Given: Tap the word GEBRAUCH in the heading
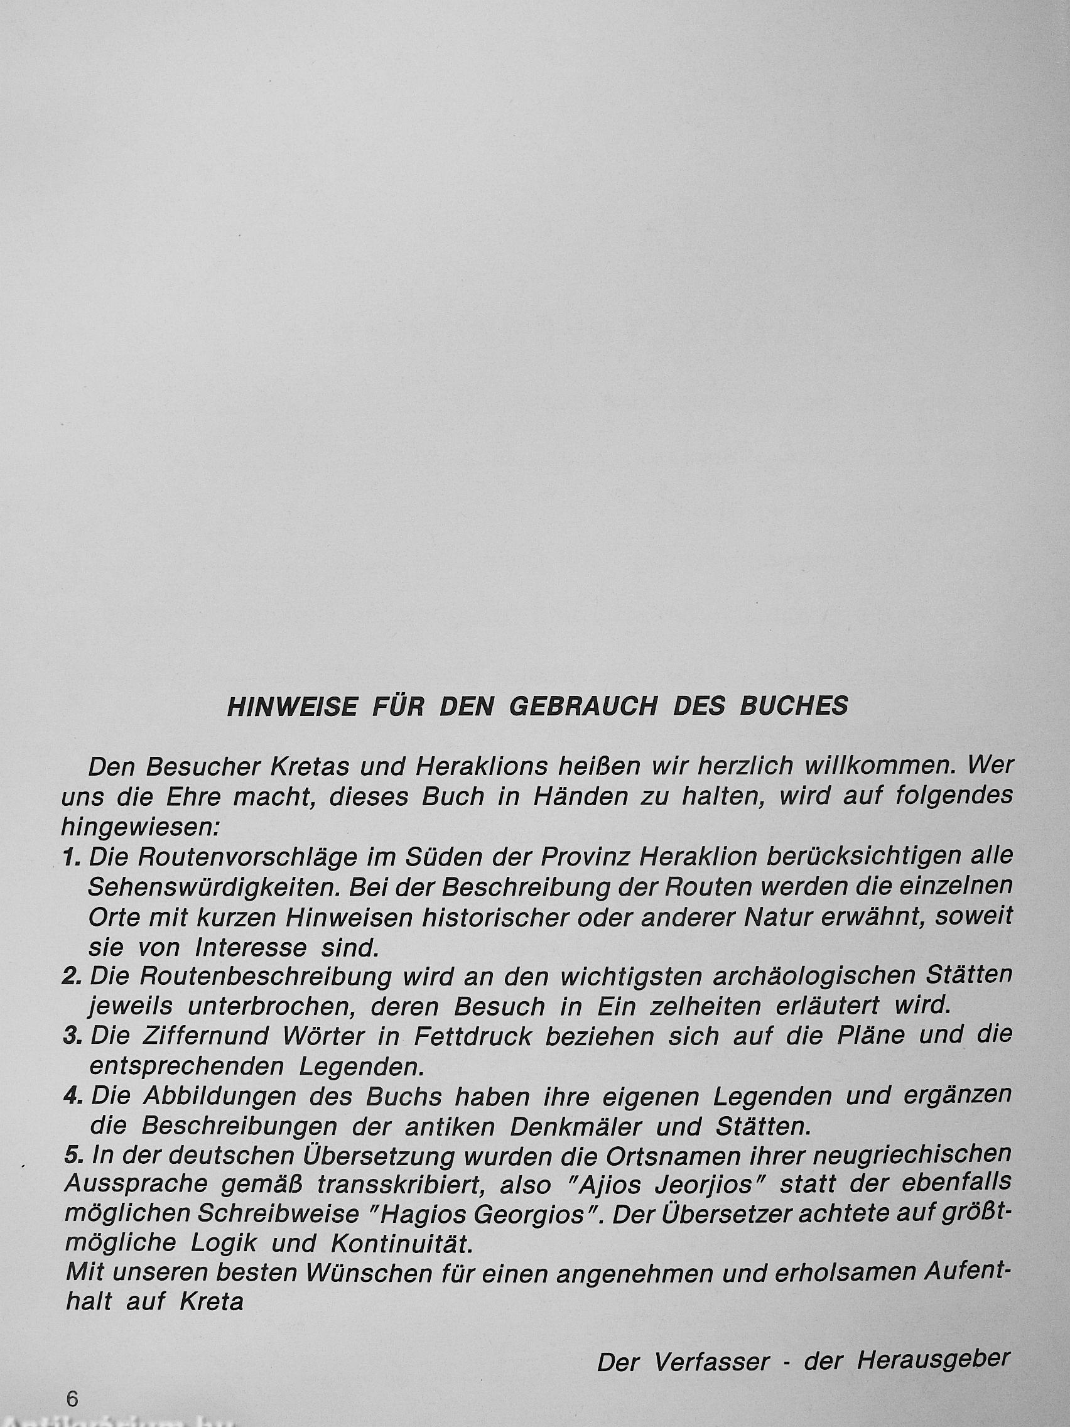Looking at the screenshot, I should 584,707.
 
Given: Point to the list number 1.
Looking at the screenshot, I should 71,857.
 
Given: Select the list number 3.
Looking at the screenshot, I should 72,1036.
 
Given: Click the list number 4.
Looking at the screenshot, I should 72,1096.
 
